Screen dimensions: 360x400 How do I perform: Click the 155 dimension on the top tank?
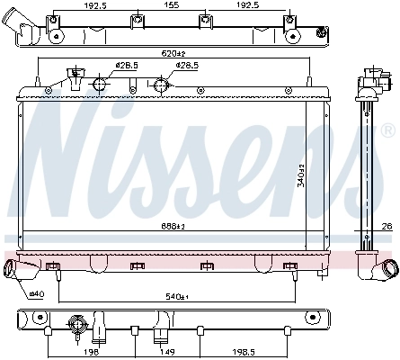[170, 4]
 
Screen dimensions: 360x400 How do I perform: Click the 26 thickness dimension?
[387, 225]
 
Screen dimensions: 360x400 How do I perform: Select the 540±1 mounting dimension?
[176, 295]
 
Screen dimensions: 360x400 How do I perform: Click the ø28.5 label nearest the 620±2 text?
[186, 66]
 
